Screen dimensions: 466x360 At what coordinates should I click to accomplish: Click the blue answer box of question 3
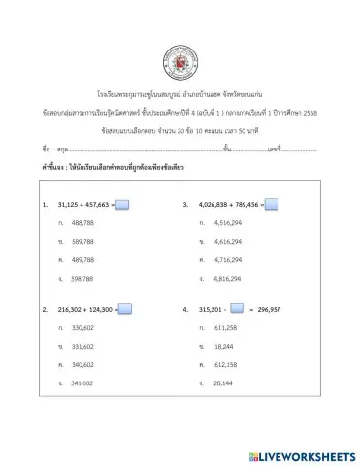click(x=272, y=204)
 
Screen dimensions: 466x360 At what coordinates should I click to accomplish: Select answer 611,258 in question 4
click(x=224, y=328)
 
